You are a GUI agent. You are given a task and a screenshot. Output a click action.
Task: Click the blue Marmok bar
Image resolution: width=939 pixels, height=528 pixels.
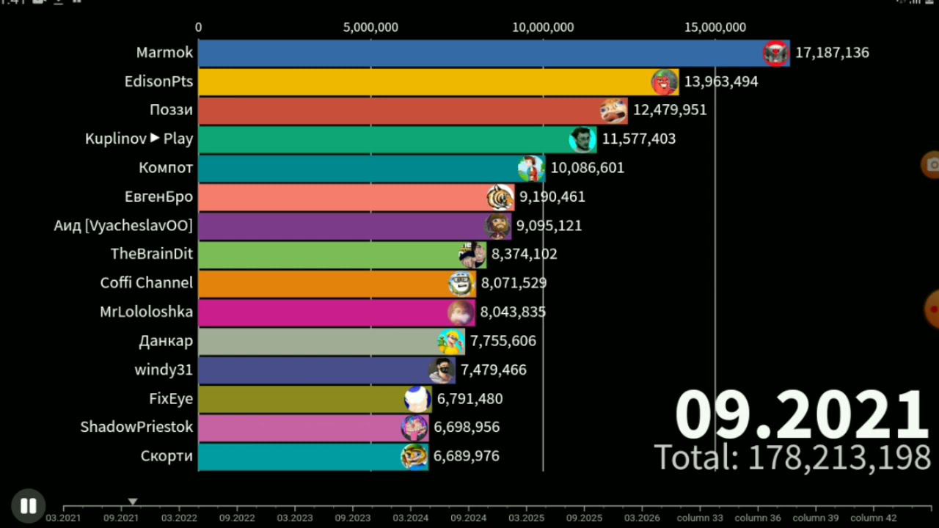477,53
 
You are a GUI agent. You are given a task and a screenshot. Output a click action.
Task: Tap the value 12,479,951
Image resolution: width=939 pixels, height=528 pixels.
670,110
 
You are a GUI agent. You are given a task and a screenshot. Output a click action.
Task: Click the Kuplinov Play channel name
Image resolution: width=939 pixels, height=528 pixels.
139,139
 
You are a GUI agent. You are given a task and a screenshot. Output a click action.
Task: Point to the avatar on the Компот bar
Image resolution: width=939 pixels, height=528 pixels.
530,168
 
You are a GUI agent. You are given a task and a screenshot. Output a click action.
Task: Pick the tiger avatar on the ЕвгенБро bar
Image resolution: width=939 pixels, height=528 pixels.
500,197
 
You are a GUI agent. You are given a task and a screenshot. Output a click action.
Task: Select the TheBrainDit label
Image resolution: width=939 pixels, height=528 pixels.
152,254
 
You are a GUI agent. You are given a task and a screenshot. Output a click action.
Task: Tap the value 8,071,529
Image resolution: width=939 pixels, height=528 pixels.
514,283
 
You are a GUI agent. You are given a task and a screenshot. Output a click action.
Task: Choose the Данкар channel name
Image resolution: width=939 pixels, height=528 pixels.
166,341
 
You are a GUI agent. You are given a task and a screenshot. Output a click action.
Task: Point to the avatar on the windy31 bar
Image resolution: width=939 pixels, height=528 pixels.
442,370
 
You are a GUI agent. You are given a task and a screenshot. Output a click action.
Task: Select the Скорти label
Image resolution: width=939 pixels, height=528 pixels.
167,456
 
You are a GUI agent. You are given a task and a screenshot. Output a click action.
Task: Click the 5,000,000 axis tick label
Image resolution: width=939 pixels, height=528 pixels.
370,28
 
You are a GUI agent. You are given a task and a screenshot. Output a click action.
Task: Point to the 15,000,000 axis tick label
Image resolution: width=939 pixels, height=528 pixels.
715,28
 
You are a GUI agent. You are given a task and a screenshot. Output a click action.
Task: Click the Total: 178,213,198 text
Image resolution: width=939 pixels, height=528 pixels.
792,458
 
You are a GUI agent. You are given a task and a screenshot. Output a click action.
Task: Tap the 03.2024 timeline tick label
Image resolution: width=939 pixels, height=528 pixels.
411,518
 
